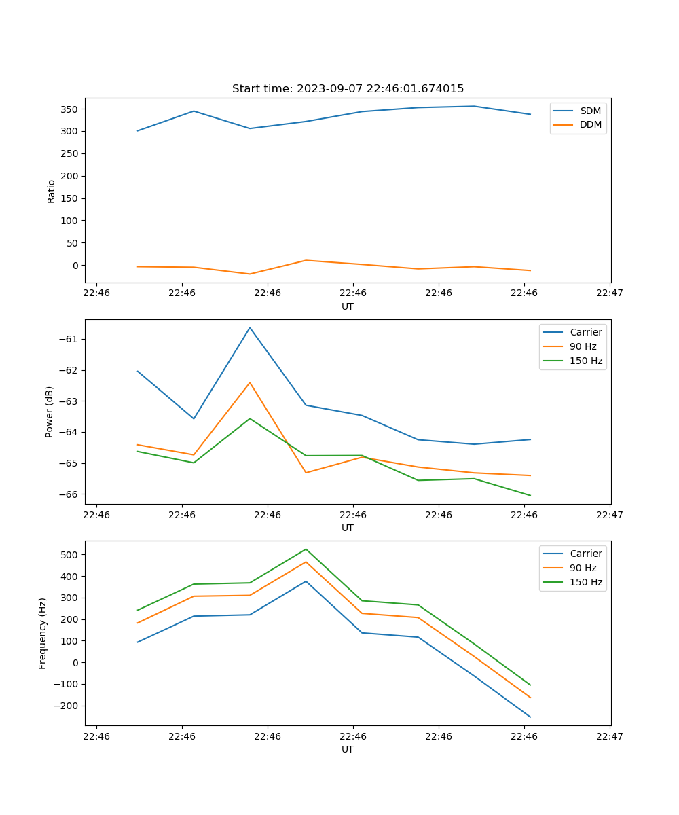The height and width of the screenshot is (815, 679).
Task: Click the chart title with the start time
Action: pos(348,89)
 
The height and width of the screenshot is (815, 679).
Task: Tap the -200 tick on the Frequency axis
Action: pos(67,706)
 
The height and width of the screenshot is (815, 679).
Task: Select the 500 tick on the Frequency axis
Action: pos(70,554)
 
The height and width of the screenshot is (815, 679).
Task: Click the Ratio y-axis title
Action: pos(52,191)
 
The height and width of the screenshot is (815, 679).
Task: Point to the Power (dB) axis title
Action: pos(50,412)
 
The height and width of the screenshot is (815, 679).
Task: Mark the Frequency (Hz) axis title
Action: pos(43,633)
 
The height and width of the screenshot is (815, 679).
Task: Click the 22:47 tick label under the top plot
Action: pos(610,293)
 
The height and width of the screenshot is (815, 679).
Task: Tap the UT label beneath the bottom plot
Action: pos(348,749)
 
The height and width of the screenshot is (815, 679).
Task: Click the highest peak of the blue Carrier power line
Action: pos(250,328)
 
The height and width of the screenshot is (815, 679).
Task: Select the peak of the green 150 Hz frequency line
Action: pos(306,549)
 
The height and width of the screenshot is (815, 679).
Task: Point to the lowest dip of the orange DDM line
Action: pos(250,274)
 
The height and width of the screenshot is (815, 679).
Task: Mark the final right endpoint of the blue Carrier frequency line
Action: pos(530,717)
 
